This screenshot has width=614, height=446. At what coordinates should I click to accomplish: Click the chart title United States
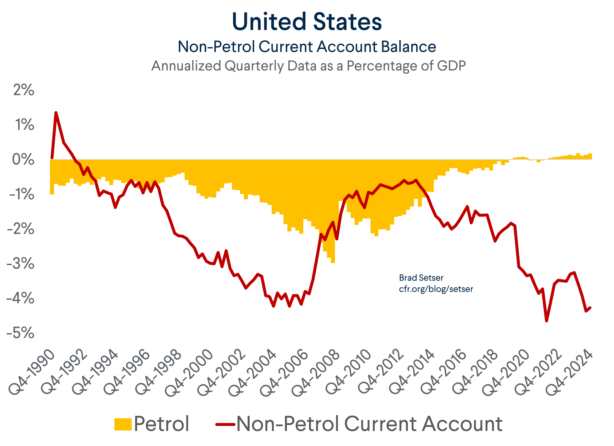coord(307,22)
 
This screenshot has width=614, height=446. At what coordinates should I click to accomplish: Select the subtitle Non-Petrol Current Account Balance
coord(307,47)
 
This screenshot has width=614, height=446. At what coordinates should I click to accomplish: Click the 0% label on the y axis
coord(23,159)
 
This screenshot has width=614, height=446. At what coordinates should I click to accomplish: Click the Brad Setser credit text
coord(421,278)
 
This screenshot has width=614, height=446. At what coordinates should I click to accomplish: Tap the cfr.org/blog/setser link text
coord(436,289)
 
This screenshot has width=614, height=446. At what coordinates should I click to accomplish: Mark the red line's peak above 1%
coord(56,112)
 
